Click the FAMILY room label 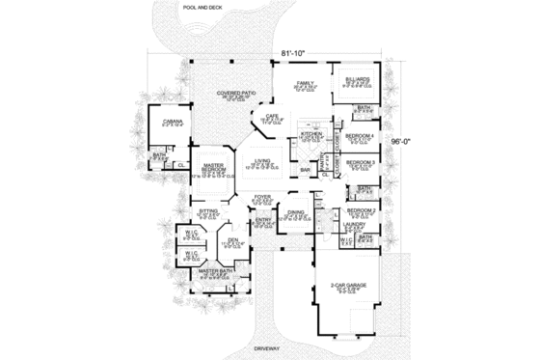[x=306, y=84]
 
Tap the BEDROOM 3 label [x=360, y=162]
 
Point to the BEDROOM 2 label [x=360, y=208]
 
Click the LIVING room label [x=261, y=161]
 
